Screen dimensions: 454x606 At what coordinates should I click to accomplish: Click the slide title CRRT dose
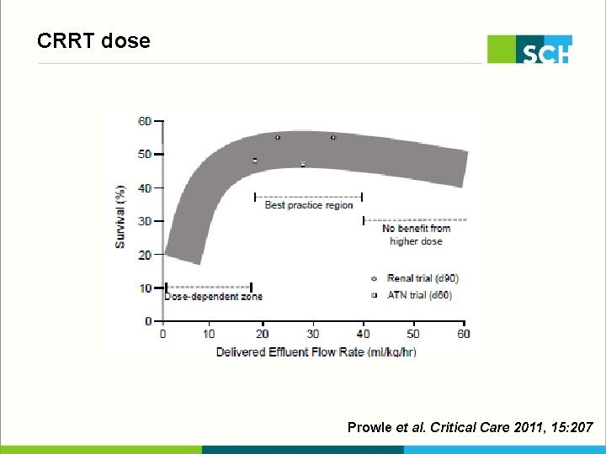coord(93,40)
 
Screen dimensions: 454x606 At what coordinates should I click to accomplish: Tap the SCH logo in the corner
coord(530,50)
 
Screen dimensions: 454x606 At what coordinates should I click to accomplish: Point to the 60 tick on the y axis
coord(146,121)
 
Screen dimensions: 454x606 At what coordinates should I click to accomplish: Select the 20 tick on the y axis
coord(146,255)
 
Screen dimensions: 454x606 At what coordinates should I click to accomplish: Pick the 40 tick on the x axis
coord(364,334)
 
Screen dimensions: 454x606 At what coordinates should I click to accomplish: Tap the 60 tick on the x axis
coord(464,334)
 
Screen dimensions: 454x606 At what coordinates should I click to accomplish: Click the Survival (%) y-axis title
coord(120,217)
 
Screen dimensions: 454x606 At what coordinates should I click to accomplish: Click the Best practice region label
coord(309,205)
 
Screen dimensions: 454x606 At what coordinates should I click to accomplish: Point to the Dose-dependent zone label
coord(213,296)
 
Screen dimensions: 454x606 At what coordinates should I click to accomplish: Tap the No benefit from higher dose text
coord(416,235)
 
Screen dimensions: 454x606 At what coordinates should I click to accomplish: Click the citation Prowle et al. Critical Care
coord(470,428)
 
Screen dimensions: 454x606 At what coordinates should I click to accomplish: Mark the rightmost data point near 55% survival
coord(333,137)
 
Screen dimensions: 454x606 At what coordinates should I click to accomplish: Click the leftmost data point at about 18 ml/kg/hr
coord(255,161)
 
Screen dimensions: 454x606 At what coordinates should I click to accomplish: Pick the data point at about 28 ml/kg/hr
coord(303,165)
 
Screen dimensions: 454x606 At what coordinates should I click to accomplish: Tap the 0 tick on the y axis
coord(148,321)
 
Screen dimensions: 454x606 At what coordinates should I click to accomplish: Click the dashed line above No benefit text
coord(415,220)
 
